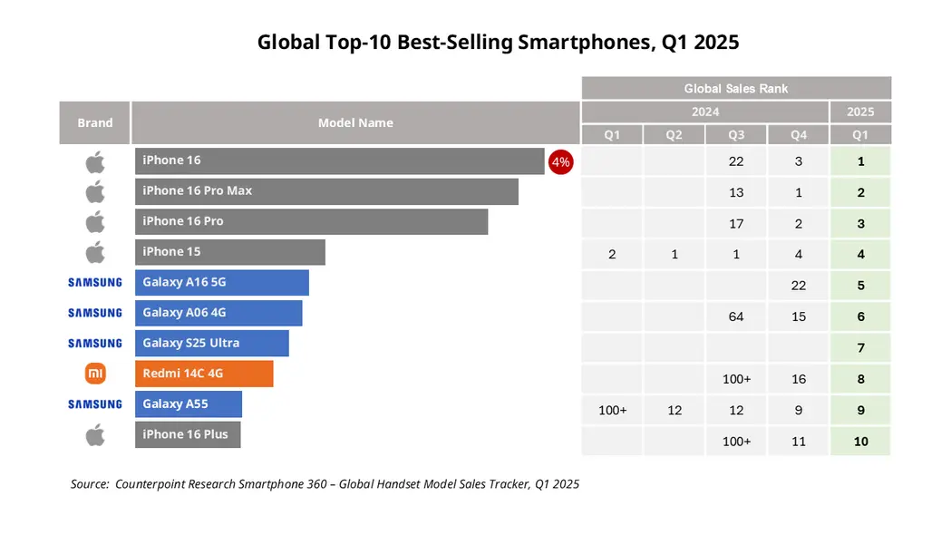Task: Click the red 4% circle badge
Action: pos(560,162)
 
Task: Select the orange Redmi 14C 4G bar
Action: pos(204,374)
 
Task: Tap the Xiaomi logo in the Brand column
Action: pos(95,374)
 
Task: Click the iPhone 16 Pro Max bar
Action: pos(326,191)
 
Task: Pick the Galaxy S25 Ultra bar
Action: pos(211,343)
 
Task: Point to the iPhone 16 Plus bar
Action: pos(188,434)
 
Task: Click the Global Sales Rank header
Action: pos(736,88)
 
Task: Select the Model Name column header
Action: pos(355,122)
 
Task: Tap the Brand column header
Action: pos(95,122)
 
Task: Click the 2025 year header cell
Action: pos(860,112)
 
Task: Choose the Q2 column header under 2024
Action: pos(674,135)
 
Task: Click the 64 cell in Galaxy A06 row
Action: pos(736,316)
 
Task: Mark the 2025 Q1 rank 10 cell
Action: pos(860,441)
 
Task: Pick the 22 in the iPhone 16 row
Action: pos(736,161)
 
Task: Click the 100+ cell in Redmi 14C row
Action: pos(736,379)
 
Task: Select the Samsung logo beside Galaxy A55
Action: pos(95,404)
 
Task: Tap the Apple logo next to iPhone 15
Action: pos(95,252)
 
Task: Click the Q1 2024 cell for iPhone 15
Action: pos(612,255)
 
